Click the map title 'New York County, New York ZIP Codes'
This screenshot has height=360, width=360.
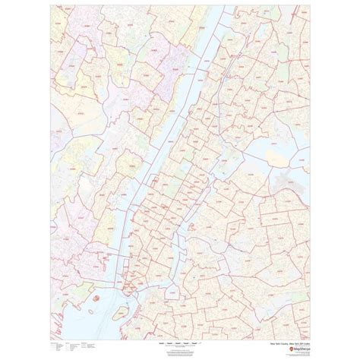tap(286, 324)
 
